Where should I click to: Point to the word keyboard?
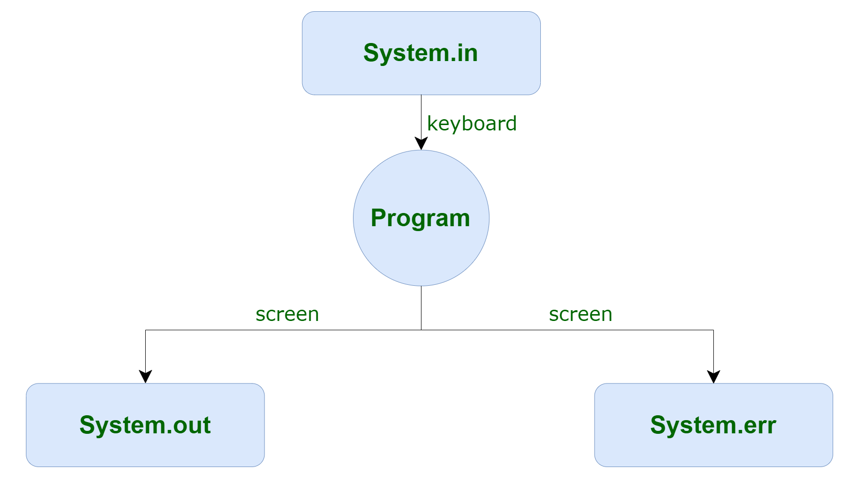click(x=472, y=124)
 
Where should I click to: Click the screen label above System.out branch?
click(x=287, y=314)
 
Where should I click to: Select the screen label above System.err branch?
click(x=580, y=314)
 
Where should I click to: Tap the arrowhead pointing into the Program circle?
click(x=421, y=144)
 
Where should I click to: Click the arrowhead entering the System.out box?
click(x=145, y=377)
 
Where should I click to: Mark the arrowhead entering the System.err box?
click(x=713, y=377)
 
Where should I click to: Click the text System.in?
click(x=420, y=53)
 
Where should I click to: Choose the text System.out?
click(x=145, y=425)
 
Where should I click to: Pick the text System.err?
click(x=713, y=425)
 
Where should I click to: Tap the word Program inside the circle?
click(x=420, y=218)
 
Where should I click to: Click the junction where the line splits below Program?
click(x=421, y=330)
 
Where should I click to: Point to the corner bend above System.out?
click(x=145, y=330)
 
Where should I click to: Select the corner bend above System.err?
click(x=713, y=330)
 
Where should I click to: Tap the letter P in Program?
click(x=379, y=217)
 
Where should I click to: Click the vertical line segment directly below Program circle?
click(x=421, y=308)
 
